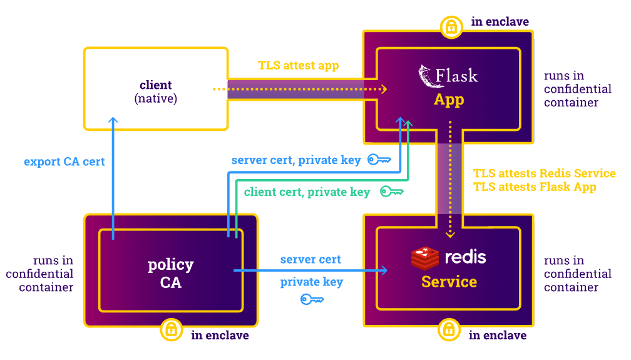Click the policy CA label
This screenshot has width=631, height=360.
[x=170, y=274]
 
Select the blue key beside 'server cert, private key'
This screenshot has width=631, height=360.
[x=379, y=160]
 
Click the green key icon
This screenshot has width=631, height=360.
[x=391, y=192]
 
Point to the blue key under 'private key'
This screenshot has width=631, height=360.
[x=312, y=299]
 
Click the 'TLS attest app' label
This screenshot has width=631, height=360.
[x=299, y=66]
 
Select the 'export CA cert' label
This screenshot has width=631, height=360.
[x=64, y=162]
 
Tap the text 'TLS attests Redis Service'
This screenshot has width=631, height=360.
[x=544, y=173]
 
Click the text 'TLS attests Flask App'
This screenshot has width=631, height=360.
[x=535, y=187]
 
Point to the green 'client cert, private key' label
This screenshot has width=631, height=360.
[x=307, y=192]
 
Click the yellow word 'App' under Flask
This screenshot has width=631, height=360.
[x=449, y=100]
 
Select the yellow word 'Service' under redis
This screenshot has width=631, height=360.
[x=449, y=282]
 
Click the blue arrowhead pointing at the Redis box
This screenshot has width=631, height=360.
[x=382, y=270]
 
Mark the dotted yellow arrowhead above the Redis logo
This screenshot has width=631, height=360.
[x=449, y=235]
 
